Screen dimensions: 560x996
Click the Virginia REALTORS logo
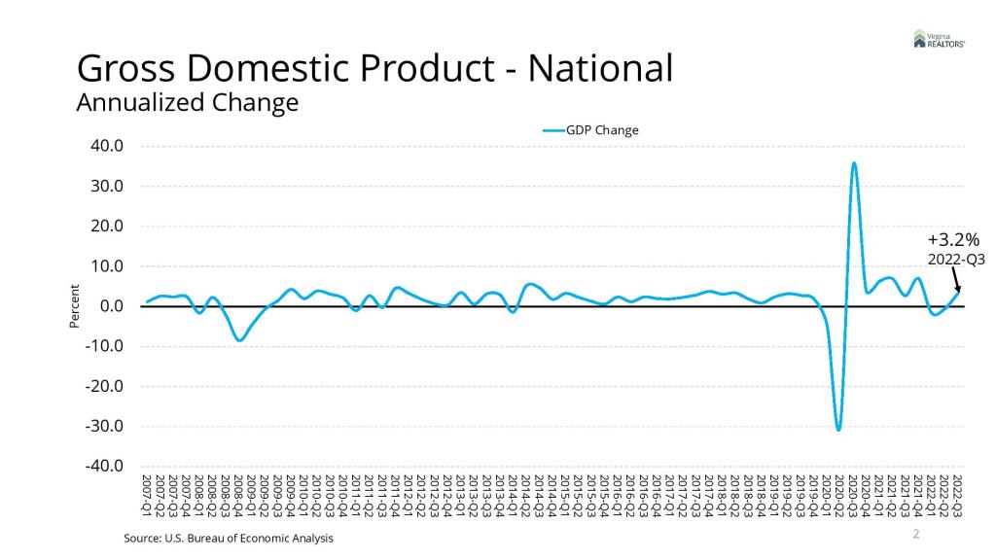[x=939, y=39]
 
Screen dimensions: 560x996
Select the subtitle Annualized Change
[x=188, y=102]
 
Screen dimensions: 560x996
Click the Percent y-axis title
[x=75, y=306]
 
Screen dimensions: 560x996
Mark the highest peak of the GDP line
[x=854, y=163]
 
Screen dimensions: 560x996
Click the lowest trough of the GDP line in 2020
[x=838, y=429]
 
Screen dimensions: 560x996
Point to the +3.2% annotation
[x=953, y=239]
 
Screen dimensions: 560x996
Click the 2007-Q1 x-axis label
[x=147, y=496]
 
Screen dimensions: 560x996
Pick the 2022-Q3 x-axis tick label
[x=958, y=496]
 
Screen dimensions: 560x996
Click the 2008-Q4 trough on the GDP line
[x=239, y=340]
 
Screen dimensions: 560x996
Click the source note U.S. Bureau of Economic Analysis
[x=229, y=539]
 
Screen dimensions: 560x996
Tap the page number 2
[x=915, y=534]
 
